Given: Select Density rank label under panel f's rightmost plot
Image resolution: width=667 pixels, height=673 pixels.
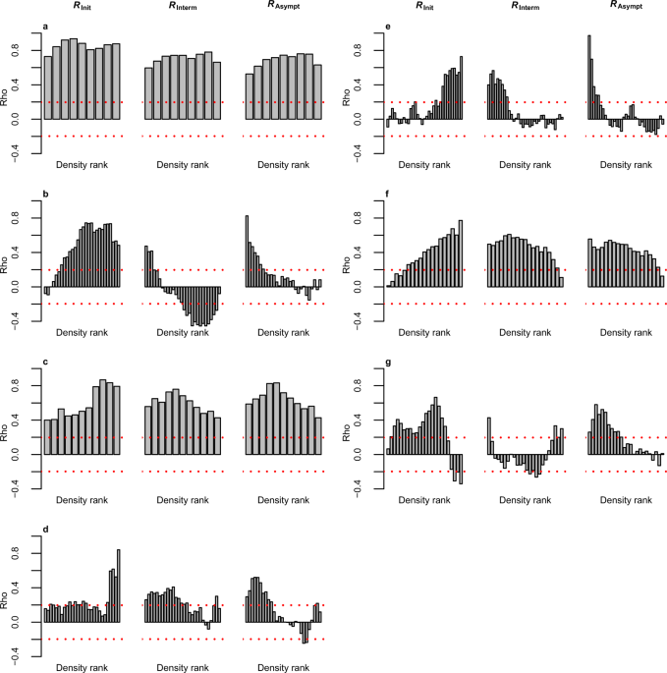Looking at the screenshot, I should coord(623,332).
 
